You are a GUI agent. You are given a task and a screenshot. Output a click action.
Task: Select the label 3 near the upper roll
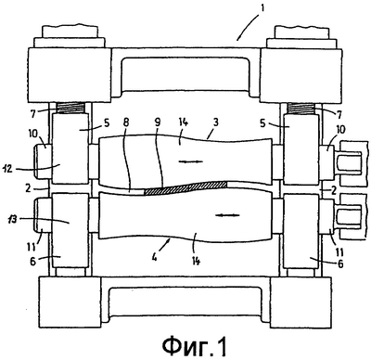pyautogui.click(x=216, y=122)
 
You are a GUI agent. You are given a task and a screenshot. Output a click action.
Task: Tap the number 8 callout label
pyautogui.click(x=126, y=122)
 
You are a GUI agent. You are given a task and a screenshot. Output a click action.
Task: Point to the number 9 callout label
pyautogui.click(x=158, y=122)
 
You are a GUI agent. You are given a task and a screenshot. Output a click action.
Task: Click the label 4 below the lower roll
pyautogui.click(x=154, y=256)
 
